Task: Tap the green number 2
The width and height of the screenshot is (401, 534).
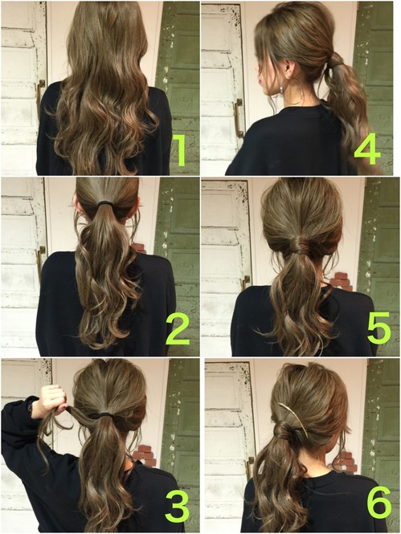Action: (x=178, y=329)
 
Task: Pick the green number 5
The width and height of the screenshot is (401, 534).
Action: (x=378, y=328)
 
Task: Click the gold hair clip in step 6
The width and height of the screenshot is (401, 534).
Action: (x=293, y=418)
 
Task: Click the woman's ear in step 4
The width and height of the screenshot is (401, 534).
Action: (x=289, y=68)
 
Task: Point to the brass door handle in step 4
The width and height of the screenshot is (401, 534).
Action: (x=238, y=117)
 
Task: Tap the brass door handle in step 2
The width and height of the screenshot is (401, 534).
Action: (x=41, y=263)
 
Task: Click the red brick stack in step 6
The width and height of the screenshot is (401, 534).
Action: (x=345, y=460)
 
